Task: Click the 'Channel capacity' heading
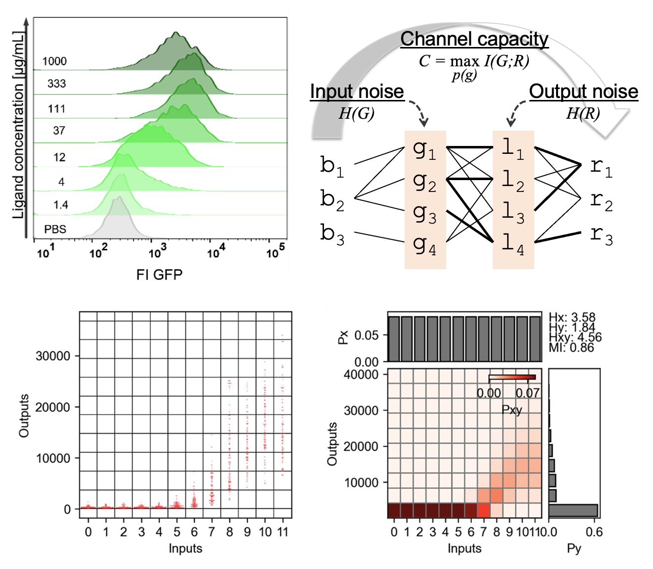coord(474,39)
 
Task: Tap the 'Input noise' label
coord(357,92)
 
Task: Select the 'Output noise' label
coord(583,92)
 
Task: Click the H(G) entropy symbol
coord(356,113)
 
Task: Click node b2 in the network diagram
coord(332,200)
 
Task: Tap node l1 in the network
coord(513,148)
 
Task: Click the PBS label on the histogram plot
coord(55,230)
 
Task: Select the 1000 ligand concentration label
coord(54,61)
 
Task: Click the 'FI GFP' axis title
coord(159,275)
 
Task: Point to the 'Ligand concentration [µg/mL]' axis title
coord(18,125)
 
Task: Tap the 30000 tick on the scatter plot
coord(53,356)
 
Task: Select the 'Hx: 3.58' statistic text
coord(572,317)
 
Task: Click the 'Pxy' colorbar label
coord(512,410)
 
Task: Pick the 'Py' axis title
coord(574,548)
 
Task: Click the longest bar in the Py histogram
coord(573,511)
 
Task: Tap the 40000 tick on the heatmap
coord(361,375)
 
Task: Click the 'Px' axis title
coord(343,337)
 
